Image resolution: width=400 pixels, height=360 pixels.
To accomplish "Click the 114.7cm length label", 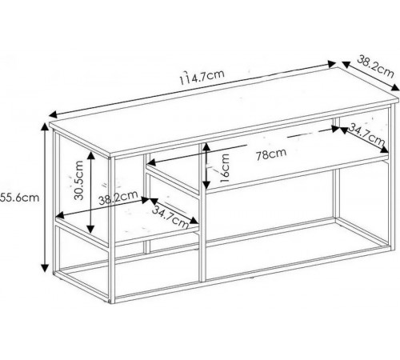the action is click(202, 76).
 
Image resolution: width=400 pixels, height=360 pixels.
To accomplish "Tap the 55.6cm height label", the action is click(19, 198).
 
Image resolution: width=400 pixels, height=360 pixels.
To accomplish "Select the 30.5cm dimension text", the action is click(79, 180).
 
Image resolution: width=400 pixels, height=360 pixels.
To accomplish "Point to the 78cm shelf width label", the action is click(271, 154).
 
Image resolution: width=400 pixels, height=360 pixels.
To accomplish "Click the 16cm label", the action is click(225, 168).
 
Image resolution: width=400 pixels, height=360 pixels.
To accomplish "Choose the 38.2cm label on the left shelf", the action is click(118, 198).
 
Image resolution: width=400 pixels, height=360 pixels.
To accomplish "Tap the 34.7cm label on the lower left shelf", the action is click(170, 217).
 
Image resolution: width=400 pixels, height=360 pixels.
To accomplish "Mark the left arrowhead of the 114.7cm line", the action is click(53, 114).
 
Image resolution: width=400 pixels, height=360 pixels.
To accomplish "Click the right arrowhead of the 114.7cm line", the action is click(332, 64).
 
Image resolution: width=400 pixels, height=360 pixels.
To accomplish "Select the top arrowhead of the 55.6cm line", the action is click(45, 126).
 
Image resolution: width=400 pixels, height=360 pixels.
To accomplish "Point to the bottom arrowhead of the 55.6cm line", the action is click(45, 267).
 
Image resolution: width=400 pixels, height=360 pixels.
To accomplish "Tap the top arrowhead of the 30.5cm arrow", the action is click(91, 155).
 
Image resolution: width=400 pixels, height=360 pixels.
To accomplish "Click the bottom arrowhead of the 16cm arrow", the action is click(206, 184).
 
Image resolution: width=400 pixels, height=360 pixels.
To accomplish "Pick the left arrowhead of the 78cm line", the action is click(150, 162).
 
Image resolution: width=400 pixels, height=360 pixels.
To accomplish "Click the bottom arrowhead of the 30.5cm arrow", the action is click(91, 229).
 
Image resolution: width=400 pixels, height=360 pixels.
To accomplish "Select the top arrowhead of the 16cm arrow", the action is click(206, 146).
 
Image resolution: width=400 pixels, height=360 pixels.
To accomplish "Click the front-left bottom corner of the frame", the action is click(111, 303).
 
